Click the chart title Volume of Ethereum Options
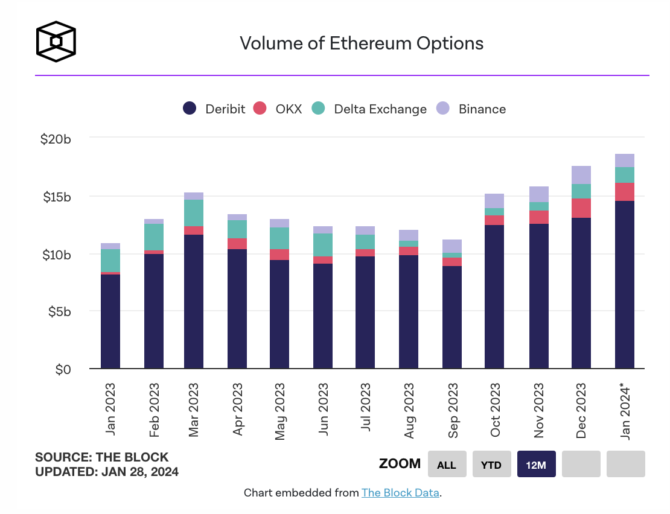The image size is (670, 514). [x=362, y=43]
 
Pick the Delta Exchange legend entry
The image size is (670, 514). [x=369, y=109]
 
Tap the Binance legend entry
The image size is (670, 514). [x=472, y=109]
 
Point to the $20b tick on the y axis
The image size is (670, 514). [x=56, y=139]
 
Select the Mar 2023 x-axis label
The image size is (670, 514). [x=194, y=408]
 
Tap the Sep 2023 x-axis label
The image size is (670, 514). [x=452, y=408]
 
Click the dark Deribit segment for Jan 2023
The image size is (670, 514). [x=110, y=321]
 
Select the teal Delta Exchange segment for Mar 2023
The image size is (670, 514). [x=194, y=213]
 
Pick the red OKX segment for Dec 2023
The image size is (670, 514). [x=581, y=208]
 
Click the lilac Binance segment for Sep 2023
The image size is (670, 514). [x=452, y=246]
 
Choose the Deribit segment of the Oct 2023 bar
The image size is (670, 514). [x=494, y=296]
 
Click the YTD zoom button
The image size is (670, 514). [x=492, y=464]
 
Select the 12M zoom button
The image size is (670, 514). [x=537, y=464]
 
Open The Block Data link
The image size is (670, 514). [x=400, y=493]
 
